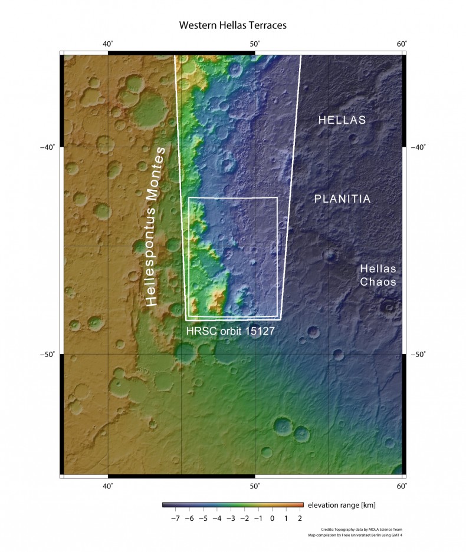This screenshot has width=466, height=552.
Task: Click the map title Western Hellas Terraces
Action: point(232,27)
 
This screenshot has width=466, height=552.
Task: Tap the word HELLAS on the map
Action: point(342,120)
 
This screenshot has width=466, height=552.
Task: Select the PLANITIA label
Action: point(342,199)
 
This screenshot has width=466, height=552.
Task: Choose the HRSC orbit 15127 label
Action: point(230,332)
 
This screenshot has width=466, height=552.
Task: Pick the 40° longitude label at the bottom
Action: point(108,486)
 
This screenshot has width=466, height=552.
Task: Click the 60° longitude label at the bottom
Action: point(402,486)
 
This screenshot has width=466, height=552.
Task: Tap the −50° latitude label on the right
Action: point(417,355)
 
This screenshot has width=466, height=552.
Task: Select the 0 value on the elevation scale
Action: point(273,519)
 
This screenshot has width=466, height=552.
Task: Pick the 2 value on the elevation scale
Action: point(300,519)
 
